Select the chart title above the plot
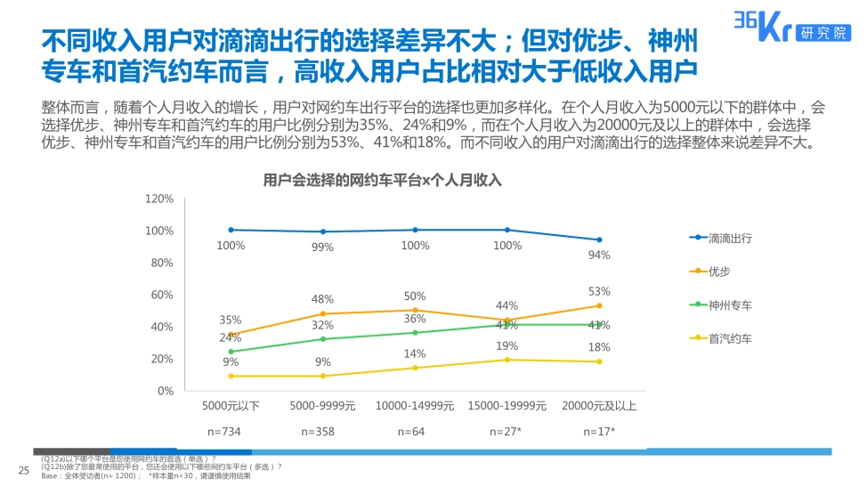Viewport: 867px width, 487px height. tap(383, 180)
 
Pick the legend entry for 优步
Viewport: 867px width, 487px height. tap(718, 271)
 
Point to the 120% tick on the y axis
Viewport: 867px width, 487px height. tap(159, 199)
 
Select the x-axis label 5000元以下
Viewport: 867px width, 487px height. tap(231, 406)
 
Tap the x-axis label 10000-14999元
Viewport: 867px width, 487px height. tap(415, 406)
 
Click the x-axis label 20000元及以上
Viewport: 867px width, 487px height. tap(599, 406)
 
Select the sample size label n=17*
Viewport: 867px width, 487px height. tap(599, 431)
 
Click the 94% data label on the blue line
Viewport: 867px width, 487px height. tap(599, 256)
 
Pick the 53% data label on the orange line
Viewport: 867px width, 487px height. tap(599, 291)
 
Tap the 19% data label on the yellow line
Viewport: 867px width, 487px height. tap(507, 345)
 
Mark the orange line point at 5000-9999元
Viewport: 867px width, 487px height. tap(323, 313)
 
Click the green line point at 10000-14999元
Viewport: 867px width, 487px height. tap(415, 333)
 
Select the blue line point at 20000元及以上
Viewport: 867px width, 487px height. tap(599, 239)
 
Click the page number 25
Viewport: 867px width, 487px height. tap(24, 470)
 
